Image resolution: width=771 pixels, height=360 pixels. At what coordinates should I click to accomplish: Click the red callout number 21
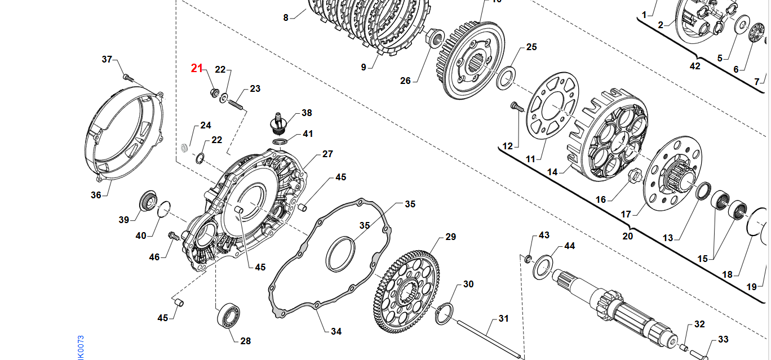pos(196,68)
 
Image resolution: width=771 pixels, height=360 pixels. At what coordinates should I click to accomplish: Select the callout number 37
pos(107,60)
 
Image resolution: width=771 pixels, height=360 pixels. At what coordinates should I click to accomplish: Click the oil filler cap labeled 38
pos(277,122)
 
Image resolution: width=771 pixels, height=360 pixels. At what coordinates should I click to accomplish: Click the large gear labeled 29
pos(406,293)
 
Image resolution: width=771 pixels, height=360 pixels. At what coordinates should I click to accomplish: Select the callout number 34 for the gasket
pos(336,331)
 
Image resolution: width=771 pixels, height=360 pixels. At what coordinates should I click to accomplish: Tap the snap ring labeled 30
pos(444,313)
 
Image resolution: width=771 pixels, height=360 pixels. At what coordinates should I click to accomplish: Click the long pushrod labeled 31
pos(488,339)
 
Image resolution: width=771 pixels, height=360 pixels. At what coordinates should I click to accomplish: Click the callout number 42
pos(695,66)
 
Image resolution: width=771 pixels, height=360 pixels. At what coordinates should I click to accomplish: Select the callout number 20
pos(627,236)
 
